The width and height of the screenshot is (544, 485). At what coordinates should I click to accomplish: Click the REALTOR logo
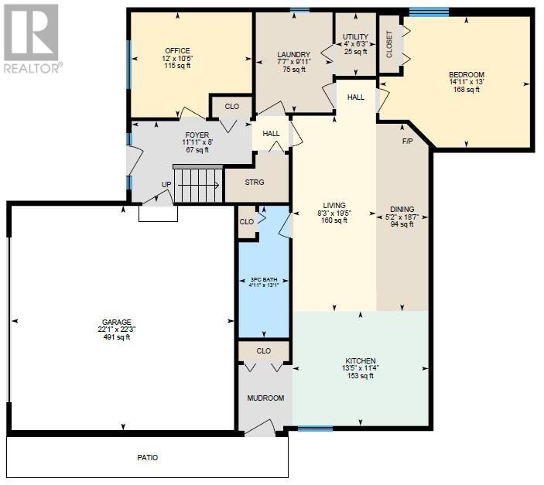tap(33, 39)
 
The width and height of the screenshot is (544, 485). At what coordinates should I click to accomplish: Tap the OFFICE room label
tap(177, 50)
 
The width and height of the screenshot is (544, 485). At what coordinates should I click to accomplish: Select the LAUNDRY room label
tap(293, 54)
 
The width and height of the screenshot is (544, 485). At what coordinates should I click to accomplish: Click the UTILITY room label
tap(355, 37)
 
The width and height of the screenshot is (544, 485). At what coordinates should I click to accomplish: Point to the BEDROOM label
tap(467, 74)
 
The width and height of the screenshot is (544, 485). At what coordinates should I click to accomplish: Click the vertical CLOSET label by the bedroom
tap(389, 44)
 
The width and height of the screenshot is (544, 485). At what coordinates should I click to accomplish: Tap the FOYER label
tap(197, 135)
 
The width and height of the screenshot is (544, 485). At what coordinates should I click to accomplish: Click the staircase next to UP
tap(198, 184)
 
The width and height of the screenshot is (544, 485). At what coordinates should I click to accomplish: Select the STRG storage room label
tap(255, 182)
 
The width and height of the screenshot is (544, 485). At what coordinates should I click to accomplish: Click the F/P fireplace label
tap(407, 142)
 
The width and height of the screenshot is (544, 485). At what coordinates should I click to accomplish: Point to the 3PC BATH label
tap(264, 279)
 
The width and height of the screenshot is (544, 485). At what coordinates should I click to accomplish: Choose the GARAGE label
tap(117, 322)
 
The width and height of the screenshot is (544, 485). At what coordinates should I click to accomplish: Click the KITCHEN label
tap(361, 360)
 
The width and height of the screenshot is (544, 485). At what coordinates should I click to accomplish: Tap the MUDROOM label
tap(265, 398)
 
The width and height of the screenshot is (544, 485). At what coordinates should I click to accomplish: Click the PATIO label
tap(148, 458)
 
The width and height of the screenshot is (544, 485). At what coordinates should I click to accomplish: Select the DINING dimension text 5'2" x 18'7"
tap(402, 217)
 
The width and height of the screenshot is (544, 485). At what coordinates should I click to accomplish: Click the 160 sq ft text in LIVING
tap(334, 220)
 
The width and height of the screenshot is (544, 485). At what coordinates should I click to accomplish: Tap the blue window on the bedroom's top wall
tap(429, 12)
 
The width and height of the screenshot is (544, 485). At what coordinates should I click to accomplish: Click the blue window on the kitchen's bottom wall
tap(316, 429)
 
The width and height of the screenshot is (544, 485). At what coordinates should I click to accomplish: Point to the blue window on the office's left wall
tap(128, 65)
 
